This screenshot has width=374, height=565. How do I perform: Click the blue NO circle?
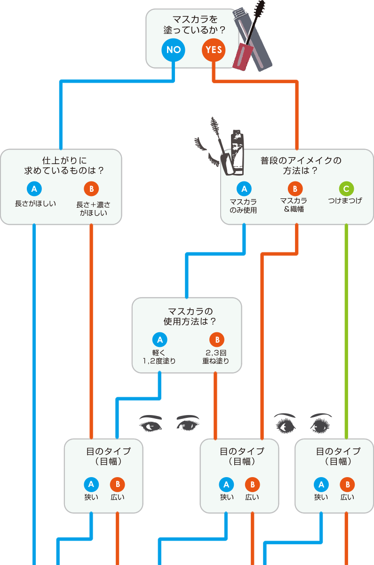[174, 49]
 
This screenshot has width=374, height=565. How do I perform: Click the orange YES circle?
[214, 49]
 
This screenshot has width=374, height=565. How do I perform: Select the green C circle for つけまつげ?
[346, 189]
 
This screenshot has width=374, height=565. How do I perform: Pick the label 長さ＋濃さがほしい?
[92, 208]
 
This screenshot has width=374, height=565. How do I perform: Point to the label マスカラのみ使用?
[243, 205]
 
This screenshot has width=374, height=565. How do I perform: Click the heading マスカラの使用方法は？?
[187, 316]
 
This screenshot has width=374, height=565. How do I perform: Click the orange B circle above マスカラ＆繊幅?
[295, 189]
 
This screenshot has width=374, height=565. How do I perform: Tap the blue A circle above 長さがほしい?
[34, 189]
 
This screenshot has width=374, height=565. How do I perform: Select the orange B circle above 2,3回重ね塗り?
[217, 340]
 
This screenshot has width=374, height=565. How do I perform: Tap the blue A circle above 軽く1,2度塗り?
[159, 340]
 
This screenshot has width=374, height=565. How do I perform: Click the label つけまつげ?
[346, 201]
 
